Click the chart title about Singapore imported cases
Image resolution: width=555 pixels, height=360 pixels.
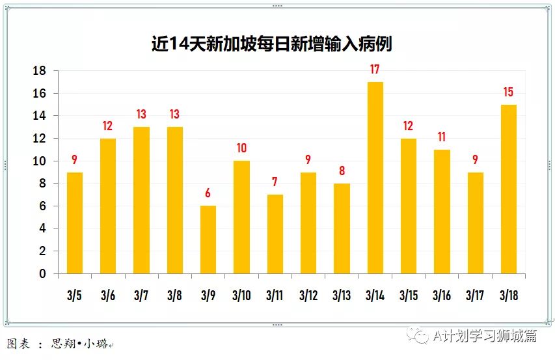pos(271,44)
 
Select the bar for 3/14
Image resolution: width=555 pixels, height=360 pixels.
pos(375,178)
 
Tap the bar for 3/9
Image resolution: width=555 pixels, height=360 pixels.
pos(208,240)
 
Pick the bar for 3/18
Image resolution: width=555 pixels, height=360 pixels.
pos(509,189)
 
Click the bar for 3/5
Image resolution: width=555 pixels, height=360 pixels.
pos(74,223)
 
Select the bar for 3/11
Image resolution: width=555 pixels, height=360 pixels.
pos(275,234)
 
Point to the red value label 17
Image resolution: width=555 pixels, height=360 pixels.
pos(375,70)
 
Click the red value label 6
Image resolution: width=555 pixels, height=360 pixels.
pos(208,193)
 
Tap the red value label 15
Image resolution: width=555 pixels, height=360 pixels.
pos(509,92)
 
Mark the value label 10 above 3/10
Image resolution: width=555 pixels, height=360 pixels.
pos(241,148)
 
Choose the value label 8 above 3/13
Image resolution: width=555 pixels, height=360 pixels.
pos(342,171)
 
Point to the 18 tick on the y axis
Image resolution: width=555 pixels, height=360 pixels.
pos(40,71)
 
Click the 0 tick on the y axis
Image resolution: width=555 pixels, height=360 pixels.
pos(43,274)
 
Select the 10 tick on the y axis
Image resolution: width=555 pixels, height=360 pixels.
pos(40,161)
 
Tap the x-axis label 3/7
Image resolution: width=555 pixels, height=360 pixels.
pos(141,296)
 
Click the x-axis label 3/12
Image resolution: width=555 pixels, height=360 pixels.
pos(308,296)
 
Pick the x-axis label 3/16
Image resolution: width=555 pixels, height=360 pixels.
pos(442,296)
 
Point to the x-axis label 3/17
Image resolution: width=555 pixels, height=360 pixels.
pos(475,296)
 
